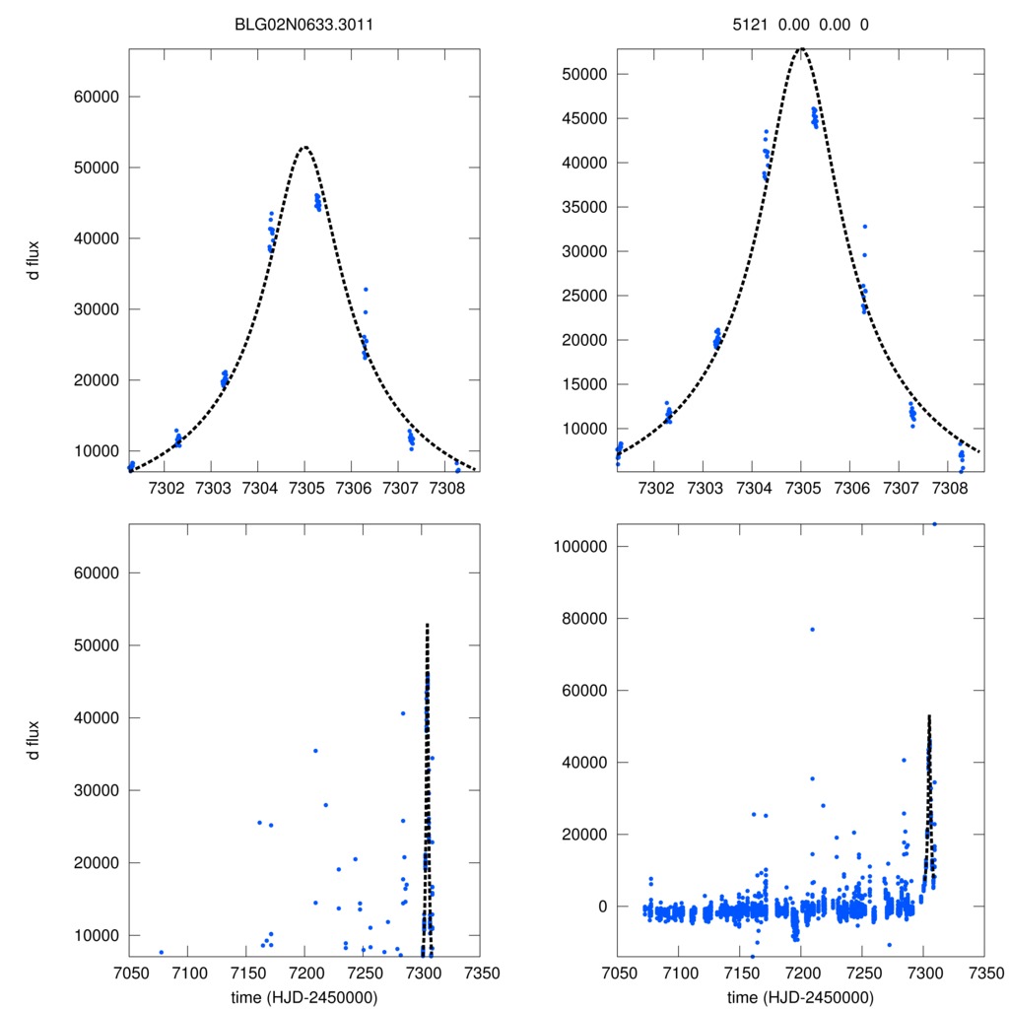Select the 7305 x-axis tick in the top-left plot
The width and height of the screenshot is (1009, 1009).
(305, 489)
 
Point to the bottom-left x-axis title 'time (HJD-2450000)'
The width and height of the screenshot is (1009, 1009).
(304, 997)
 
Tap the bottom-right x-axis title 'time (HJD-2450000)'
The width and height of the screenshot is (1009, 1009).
(800, 997)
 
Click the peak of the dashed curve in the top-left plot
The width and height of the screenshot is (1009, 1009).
(305, 147)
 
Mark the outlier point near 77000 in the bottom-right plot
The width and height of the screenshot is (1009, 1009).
(813, 630)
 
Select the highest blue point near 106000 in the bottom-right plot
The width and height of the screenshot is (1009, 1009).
(934, 524)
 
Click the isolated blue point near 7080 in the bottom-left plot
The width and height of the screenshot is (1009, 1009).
(161, 952)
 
